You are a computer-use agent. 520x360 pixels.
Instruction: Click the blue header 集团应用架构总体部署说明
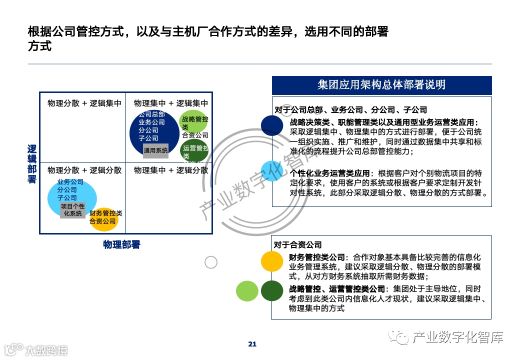click(x=381, y=85)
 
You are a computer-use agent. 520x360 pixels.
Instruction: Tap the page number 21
click(x=252, y=343)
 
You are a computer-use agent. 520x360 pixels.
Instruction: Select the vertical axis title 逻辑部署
click(x=32, y=164)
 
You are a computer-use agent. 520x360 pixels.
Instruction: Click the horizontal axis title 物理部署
click(x=121, y=244)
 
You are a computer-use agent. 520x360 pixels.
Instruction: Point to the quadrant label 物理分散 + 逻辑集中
click(x=84, y=103)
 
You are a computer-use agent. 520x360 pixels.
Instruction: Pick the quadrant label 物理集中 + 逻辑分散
click(x=171, y=170)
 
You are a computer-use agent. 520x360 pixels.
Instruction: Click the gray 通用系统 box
click(x=156, y=150)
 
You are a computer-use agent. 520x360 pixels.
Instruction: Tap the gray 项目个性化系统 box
click(x=72, y=210)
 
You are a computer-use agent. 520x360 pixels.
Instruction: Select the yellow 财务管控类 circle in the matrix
click(x=104, y=219)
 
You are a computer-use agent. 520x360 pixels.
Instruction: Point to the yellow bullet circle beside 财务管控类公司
click(x=272, y=261)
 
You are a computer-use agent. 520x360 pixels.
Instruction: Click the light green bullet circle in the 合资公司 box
click(x=247, y=291)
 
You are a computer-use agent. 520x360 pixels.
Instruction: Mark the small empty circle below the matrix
click(x=211, y=262)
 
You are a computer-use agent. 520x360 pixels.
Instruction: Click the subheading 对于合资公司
click(x=297, y=245)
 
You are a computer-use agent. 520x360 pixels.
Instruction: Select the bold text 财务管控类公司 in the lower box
click(x=317, y=257)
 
